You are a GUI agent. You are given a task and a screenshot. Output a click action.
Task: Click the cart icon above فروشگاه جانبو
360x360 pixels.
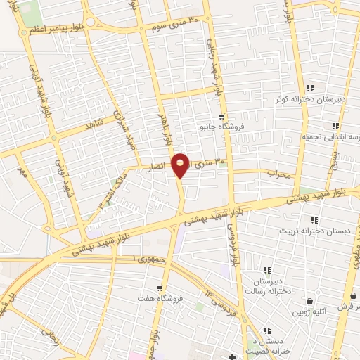[x=222, y=116]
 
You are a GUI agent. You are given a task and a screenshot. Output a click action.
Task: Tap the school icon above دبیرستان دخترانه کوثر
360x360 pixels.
[x=311, y=88]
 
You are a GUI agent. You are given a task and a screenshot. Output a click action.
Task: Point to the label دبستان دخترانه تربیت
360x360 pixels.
[x=310, y=230]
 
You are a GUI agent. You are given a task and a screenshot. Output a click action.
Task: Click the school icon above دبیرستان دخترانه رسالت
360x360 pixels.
[x=266, y=269]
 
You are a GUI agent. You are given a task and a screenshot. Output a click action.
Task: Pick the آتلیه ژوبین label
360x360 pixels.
[x=310, y=311]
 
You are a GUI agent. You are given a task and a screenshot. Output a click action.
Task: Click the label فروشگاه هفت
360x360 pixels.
[x=161, y=298]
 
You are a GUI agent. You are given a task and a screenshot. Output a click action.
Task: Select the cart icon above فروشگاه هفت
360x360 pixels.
[x=161, y=287]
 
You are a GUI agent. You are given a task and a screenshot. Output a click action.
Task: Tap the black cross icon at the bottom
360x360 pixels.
[x=234, y=356]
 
